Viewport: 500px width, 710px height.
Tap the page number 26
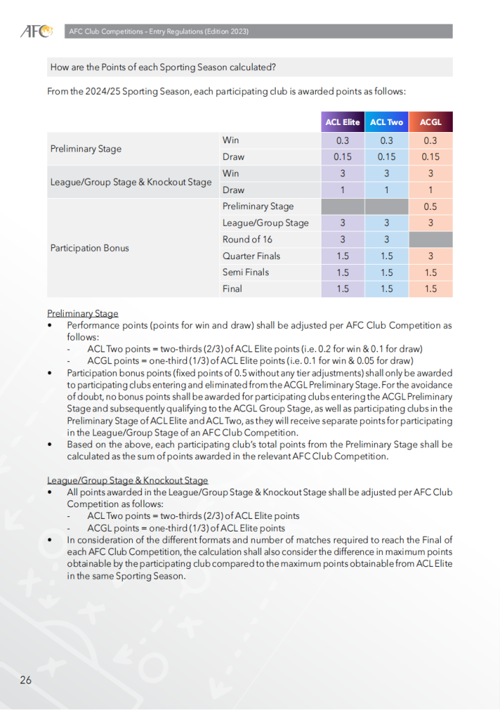pyautogui.click(x=26, y=679)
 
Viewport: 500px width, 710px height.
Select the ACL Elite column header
pyautogui.click(x=342, y=122)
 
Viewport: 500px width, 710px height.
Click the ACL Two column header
pyautogui.click(x=386, y=122)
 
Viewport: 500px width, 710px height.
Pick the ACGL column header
pyautogui.click(x=431, y=122)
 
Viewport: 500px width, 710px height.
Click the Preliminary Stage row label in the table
pyautogui.click(x=86, y=149)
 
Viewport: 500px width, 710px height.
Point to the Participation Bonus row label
pyautogui.click(x=90, y=248)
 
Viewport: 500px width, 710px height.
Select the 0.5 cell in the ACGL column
pyautogui.click(x=431, y=206)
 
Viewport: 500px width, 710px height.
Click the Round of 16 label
pyautogui.click(x=247, y=240)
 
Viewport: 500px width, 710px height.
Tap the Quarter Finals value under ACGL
pyautogui.click(x=431, y=256)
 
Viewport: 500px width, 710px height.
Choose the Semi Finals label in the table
pyautogui.click(x=246, y=272)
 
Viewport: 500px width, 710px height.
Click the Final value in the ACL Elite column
pyautogui.click(x=342, y=289)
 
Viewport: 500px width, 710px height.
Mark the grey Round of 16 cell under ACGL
pyautogui.click(x=431, y=240)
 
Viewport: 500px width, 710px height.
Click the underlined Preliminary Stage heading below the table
pyautogui.click(x=83, y=313)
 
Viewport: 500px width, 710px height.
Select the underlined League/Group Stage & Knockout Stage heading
pyautogui.click(x=128, y=480)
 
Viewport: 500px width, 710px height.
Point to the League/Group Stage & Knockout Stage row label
pyautogui.click(x=131, y=182)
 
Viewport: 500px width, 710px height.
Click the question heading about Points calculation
pyautogui.click(x=163, y=67)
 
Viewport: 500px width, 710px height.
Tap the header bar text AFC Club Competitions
pyautogui.click(x=158, y=31)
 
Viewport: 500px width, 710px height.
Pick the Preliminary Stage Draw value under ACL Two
pyautogui.click(x=386, y=157)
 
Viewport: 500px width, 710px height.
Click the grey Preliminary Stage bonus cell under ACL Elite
pyautogui.click(x=342, y=206)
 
